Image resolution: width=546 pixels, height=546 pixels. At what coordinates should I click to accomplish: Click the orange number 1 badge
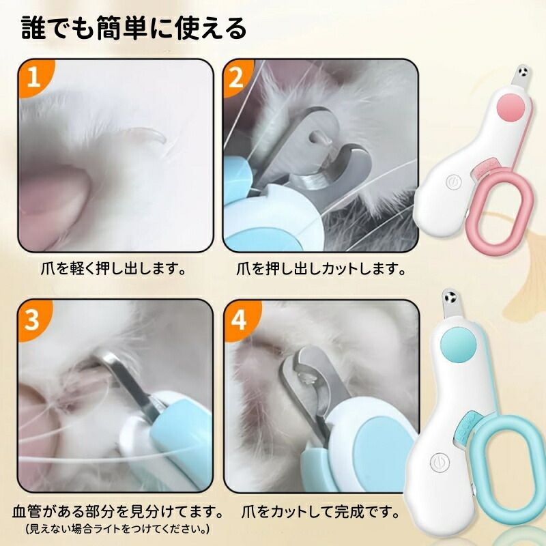[35, 76]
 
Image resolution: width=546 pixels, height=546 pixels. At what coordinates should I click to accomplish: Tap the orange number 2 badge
[238, 77]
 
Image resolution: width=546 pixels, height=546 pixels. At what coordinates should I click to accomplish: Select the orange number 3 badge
[33, 319]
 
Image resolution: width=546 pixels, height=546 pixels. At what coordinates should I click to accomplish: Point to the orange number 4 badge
[240, 319]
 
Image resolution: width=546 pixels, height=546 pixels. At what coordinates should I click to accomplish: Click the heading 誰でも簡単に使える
[134, 28]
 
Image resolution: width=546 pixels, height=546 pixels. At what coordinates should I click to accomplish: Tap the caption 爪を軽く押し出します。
[113, 269]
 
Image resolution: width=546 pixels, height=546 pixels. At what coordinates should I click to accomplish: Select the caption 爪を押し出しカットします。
[321, 269]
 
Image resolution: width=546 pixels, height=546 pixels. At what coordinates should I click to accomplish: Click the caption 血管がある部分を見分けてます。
[118, 511]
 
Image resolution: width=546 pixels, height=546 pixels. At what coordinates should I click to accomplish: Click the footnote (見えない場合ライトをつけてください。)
[117, 528]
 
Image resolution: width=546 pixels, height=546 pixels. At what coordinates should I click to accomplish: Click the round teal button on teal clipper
[458, 343]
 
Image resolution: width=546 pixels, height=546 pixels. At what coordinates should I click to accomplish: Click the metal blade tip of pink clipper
[521, 76]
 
